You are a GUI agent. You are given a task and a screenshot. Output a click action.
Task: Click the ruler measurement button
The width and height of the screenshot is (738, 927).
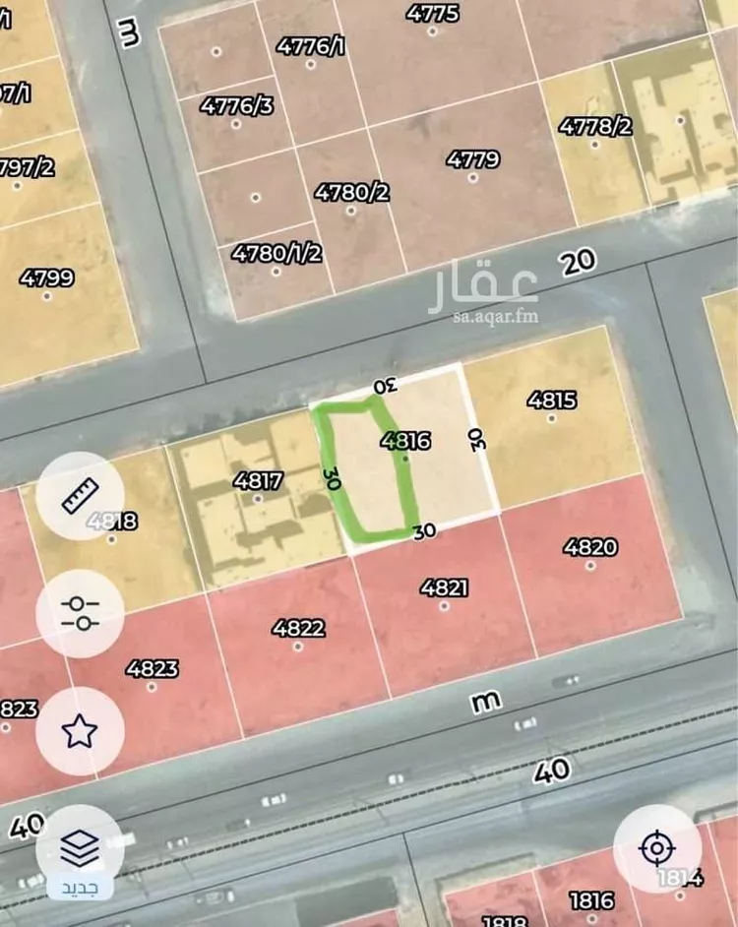[x=80, y=495]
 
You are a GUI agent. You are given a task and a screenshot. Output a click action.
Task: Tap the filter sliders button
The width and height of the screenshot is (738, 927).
[x=80, y=613]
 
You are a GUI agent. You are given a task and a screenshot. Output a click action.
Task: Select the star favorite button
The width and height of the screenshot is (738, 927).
[x=80, y=730]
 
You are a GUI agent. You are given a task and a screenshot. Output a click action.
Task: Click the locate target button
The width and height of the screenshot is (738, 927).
[x=656, y=847]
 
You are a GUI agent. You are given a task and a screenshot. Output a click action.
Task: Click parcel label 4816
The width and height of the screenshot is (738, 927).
[x=406, y=441]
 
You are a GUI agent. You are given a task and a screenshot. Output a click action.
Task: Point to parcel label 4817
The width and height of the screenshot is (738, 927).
[x=258, y=481]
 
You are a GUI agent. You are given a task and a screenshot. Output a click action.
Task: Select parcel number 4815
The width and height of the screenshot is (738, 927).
[x=552, y=400]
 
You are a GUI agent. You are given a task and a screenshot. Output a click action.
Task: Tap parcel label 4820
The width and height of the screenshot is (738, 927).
[x=590, y=547]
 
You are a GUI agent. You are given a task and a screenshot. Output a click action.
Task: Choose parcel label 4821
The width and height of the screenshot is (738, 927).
[x=444, y=587]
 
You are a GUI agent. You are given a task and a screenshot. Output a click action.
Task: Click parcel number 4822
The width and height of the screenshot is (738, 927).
[x=299, y=628]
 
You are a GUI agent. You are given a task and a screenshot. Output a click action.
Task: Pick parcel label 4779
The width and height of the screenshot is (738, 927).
[x=472, y=159]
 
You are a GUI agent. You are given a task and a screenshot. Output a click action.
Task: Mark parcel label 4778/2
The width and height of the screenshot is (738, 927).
[x=595, y=126]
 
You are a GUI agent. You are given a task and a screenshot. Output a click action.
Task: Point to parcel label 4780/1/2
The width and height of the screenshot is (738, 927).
[x=277, y=253]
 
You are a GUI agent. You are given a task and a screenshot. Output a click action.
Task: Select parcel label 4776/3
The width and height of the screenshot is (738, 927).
[x=237, y=105]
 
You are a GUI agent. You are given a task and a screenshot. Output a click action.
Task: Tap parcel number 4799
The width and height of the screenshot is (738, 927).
[x=46, y=278]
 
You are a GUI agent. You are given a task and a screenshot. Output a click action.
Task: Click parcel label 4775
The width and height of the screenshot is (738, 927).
[x=432, y=14]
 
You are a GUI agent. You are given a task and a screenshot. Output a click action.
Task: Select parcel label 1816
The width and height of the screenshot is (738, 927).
[x=590, y=899]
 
